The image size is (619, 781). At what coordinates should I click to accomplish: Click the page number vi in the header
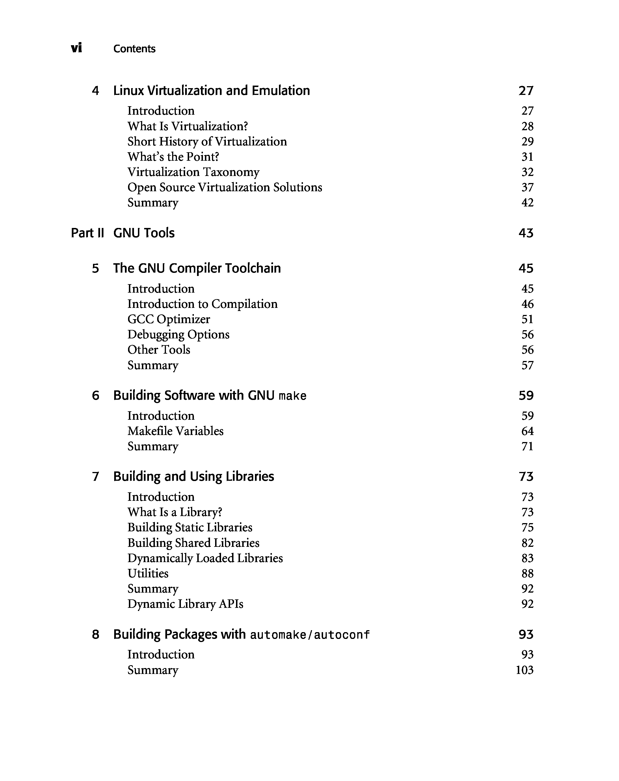pyautogui.click(x=77, y=48)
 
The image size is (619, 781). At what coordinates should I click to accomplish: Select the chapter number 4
pyautogui.click(x=95, y=90)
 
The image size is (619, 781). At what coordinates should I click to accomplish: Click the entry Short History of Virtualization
pyautogui.click(x=207, y=142)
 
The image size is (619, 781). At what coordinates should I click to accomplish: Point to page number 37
pyautogui.click(x=527, y=188)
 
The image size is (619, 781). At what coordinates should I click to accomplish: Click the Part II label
pyautogui.click(x=87, y=233)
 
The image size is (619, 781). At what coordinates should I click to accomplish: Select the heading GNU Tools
pyautogui.click(x=144, y=233)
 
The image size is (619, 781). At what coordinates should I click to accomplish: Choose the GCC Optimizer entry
pyautogui.click(x=168, y=319)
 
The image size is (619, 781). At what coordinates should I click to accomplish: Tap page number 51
pyautogui.click(x=527, y=319)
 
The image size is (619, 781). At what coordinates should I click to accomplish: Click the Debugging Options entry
pyautogui.click(x=178, y=334)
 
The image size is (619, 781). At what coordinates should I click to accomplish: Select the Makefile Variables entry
pyautogui.click(x=176, y=431)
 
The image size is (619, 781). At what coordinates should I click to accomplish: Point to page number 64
pyautogui.click(x=527, y=431)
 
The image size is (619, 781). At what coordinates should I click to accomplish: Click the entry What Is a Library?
pyautogui.click(x=175, y=512)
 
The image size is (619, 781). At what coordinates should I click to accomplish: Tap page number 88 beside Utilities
pyautogui.click(x=527, y=573)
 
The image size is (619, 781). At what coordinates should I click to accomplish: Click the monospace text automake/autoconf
pyautogui.click(x=310, y=635)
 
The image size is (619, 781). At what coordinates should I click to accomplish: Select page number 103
pyautogui.click(x=524, y=670)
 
